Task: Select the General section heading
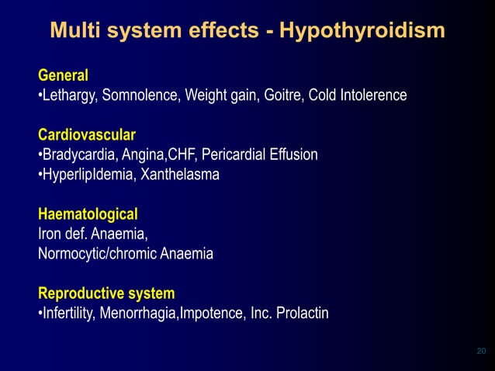(x=63, y=75)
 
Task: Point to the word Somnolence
(x=145, y=95)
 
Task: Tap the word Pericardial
(x=232, y=154)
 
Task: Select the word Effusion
(x=292, y=154)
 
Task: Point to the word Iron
(x=50, y=234)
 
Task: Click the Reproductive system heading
(x=106, y=293)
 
